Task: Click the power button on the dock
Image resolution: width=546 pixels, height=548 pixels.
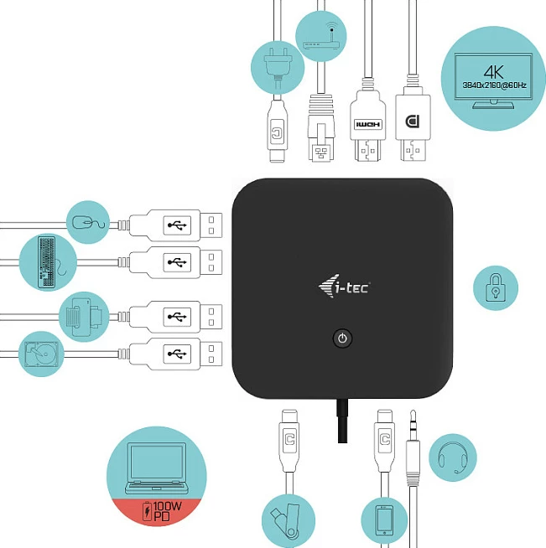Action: click(342, 338)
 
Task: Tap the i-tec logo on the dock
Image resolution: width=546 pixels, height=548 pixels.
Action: click(344, 286)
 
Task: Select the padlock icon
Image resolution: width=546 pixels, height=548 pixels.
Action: click(496, 287)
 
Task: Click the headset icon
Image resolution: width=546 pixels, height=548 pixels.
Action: click(453, 458)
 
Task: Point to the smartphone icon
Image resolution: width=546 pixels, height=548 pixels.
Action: click(384, 520)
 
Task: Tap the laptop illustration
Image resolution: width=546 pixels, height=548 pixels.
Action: click(156, 468)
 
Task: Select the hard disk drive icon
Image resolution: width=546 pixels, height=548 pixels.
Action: click(41, 354)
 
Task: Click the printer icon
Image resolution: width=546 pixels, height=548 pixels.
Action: click(84, 317)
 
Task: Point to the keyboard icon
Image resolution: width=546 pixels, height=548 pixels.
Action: click(47, 262)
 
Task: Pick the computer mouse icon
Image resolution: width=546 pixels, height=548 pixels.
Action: click(88, 222)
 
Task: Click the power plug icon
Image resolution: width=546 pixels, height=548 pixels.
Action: click(278, 67)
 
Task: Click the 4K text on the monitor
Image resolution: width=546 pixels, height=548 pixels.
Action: click(493, 72)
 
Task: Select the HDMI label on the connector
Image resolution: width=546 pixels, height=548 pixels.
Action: click(367, 124)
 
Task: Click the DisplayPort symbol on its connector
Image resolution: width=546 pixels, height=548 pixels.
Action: click(413, 121)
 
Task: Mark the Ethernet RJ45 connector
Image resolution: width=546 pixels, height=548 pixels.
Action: click(321, 128)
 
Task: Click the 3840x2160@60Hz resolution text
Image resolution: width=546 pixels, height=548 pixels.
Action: click(494, 85)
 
